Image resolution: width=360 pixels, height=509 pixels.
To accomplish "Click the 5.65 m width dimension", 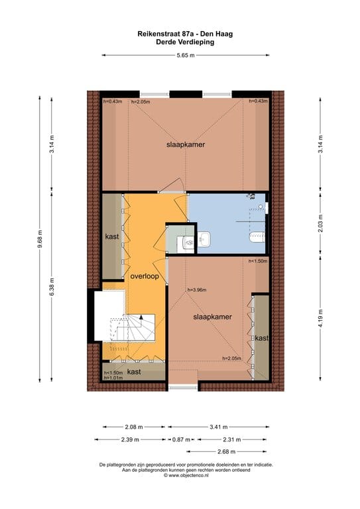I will [x=186, y=56].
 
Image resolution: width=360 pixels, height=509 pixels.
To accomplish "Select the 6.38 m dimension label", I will [x=52, y=286].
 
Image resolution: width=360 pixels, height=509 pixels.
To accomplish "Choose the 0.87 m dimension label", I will [x=180, y=439].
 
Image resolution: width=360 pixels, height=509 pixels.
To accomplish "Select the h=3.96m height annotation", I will [x=198, y=289].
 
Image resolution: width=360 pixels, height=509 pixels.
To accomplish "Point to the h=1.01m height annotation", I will [x=114, y=378].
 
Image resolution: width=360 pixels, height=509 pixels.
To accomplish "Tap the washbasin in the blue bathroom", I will [x=204, y=237].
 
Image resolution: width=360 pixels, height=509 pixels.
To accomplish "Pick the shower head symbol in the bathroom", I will [x=251, y=196].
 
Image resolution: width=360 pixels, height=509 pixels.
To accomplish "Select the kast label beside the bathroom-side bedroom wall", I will [x=262, y=339].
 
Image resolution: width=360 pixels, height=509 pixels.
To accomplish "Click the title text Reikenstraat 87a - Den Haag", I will [x=185, y=32].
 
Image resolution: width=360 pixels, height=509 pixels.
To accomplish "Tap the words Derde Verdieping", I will [x=185, y=41].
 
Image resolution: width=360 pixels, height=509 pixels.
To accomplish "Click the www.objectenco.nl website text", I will [x=187, y=475].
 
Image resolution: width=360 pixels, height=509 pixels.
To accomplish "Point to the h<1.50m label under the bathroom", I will [x=257, y=261].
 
